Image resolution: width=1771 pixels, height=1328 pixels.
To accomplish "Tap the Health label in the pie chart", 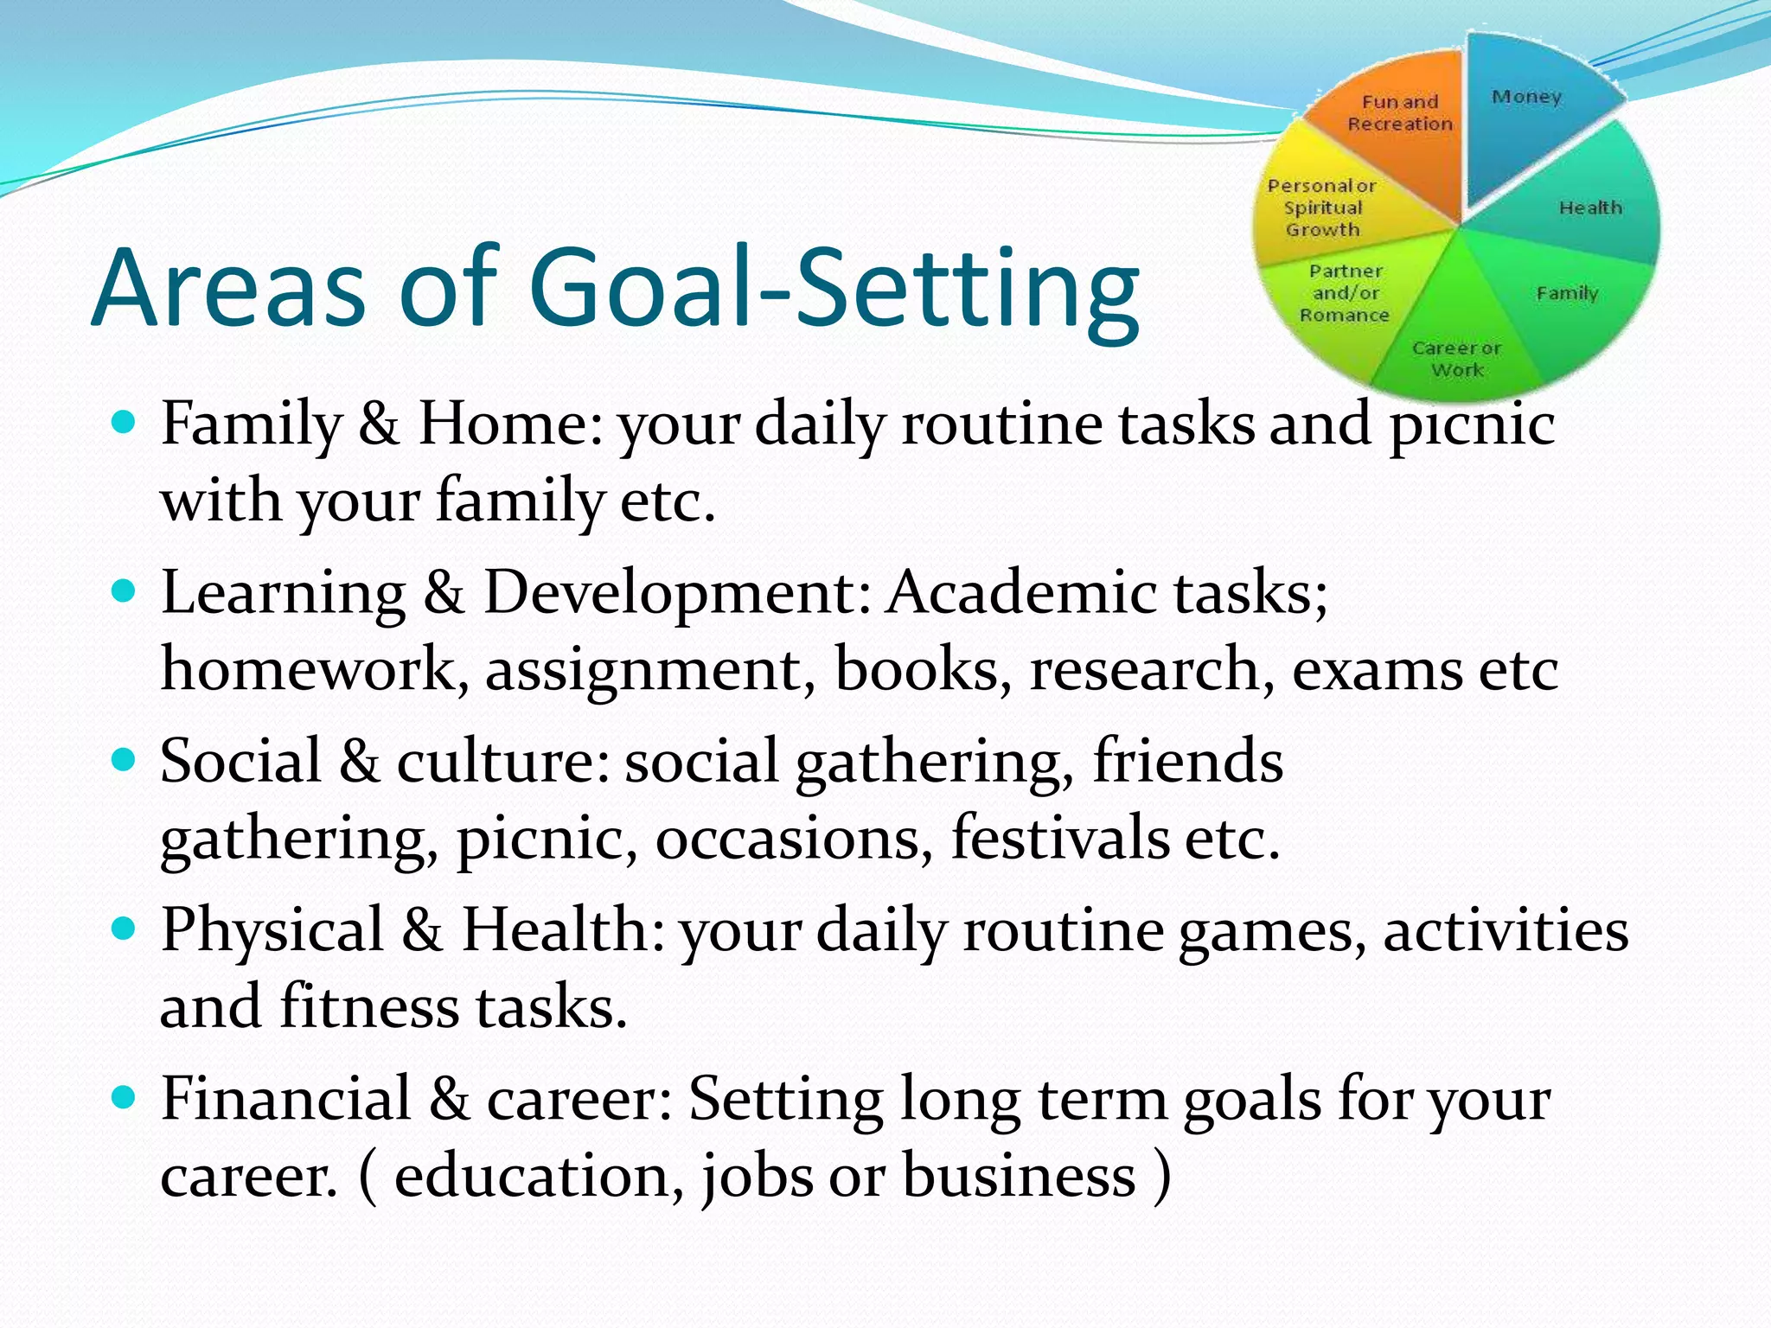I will click(x=1589, y=207).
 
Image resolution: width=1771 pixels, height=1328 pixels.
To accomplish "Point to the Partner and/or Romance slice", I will click(x=1345, y=294).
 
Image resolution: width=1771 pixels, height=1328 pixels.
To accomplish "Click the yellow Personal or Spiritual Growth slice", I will click(x=1323, y=207).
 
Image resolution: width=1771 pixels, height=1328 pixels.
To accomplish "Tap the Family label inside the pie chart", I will click(x=1567, y=293).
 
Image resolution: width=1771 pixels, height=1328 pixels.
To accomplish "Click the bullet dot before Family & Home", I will click(x=125, y=422).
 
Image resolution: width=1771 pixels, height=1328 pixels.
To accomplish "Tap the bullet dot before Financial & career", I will click(x=125, y=1097).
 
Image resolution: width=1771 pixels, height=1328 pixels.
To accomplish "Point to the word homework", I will click(x=307, y=670).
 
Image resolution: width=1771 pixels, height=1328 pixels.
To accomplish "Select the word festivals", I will click(x=1060, y=838).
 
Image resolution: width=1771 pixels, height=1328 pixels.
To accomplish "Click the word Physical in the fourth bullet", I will click(x=272, y=930).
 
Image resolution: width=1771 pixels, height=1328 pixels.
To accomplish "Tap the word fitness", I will click(x=369, y=1006).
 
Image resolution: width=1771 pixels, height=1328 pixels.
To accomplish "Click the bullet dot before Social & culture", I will click(x=125, y=760).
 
